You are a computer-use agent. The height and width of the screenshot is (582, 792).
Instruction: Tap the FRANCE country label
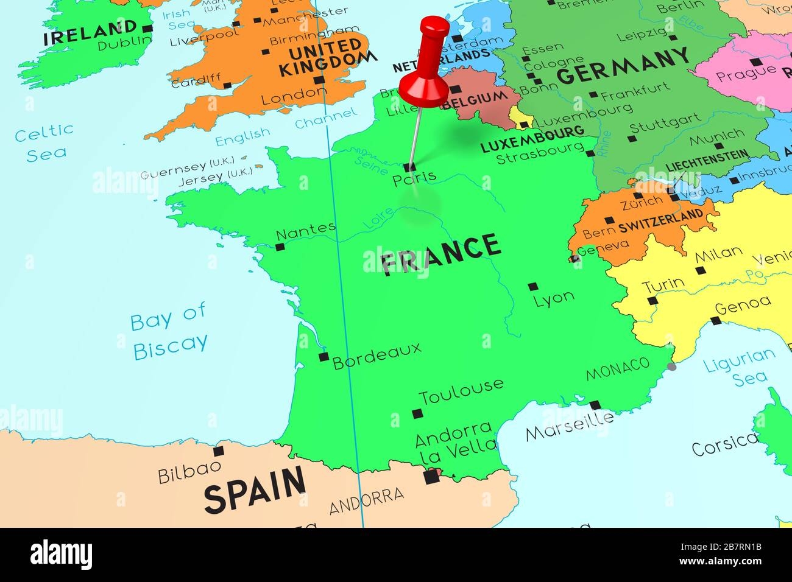pos(440,254)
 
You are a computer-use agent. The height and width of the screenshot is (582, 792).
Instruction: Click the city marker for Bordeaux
pos(324,357)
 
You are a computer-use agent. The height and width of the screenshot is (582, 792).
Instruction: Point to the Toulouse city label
pos(461,391)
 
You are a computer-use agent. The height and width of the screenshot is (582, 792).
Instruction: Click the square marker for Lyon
pos(533,286)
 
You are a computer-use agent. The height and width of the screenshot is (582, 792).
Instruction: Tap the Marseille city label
pos(570,427)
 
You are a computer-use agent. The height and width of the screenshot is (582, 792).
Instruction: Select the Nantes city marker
pos(280,247)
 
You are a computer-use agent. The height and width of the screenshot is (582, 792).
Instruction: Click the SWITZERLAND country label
pos(660,220)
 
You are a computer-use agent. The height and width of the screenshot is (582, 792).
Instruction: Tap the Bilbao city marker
pos(218,451)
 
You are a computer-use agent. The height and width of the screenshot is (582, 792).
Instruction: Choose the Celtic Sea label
pos(44,142)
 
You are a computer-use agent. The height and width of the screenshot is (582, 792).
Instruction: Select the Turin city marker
pos(652,301)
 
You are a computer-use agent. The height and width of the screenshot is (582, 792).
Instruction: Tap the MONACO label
pos(617,368)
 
